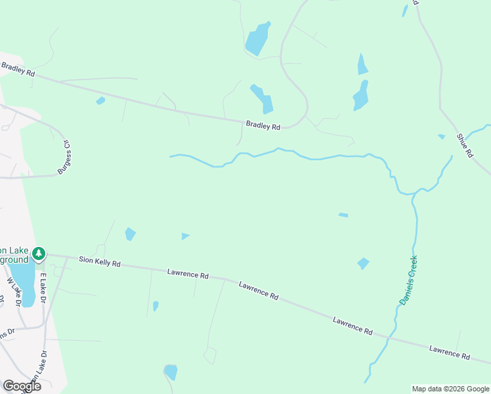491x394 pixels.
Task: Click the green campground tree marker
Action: coord(39,253)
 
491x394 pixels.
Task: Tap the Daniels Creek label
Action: coord(409,280)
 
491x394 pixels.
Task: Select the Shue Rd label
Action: coord(464,145)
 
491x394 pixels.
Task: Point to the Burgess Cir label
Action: coord(64,156)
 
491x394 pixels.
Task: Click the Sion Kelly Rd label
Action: coord(100,263)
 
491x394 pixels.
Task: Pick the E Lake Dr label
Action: coord(43,288)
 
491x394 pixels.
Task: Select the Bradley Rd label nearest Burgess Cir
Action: coord(18,69)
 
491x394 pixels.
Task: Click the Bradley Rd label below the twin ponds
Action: coord(263,125)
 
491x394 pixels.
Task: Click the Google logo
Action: coord(22,385)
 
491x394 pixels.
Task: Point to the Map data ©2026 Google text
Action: coord(450,389)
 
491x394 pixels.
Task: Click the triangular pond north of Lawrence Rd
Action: coord(185,236)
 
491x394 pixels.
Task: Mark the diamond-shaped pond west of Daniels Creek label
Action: coord(363,263)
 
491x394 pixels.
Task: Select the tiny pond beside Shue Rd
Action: coord(441,137)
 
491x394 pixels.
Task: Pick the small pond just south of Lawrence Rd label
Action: coord(156,306)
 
